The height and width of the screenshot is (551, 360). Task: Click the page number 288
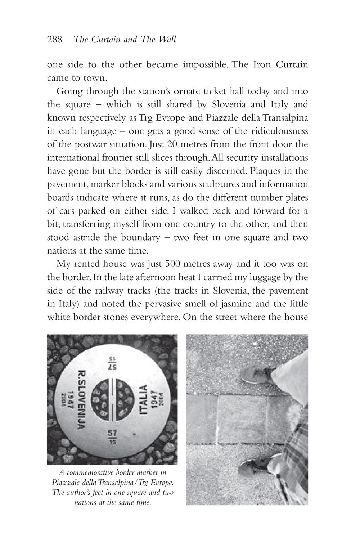click(x=55, y=40)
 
